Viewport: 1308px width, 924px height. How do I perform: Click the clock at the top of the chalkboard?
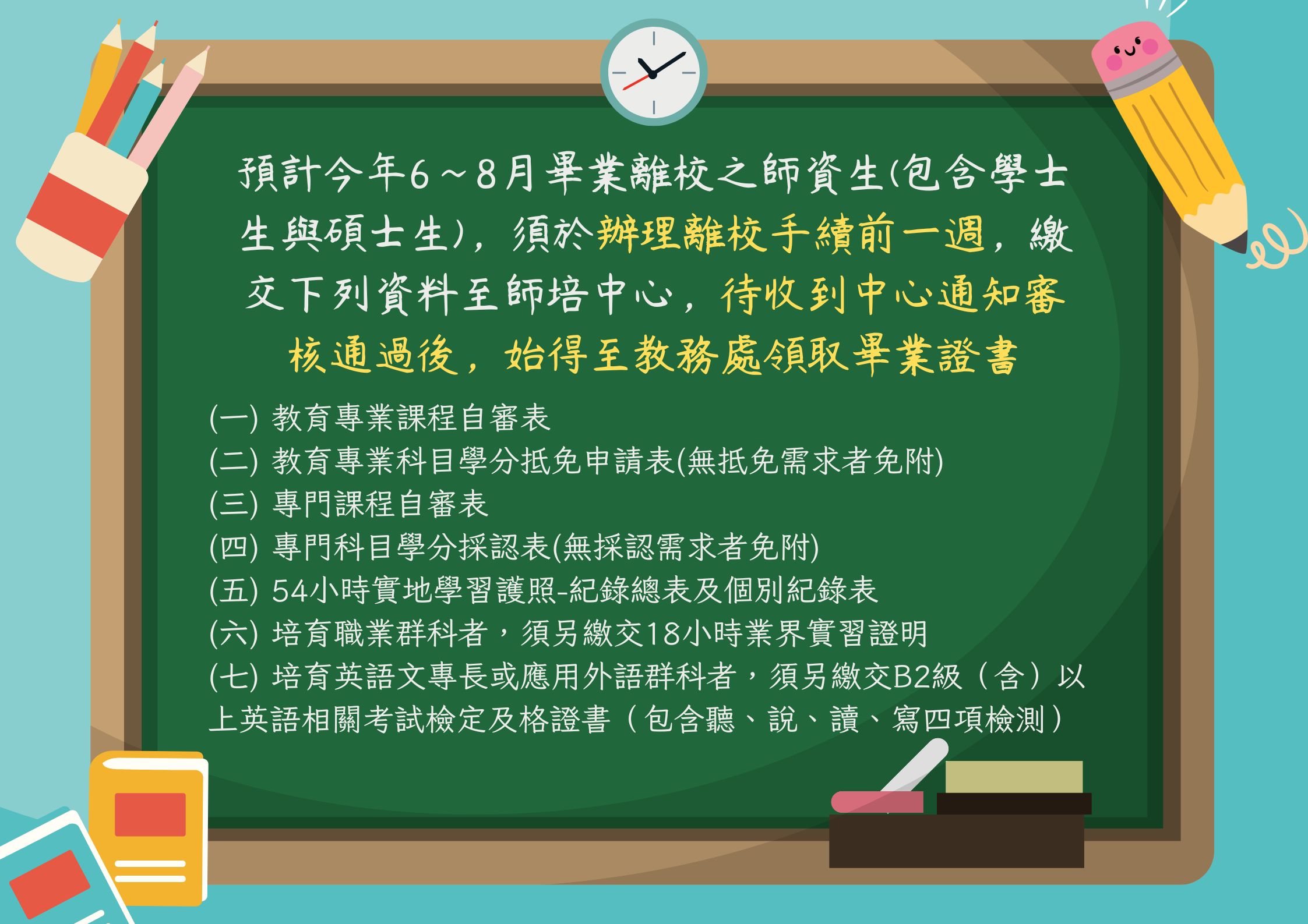[654, 72]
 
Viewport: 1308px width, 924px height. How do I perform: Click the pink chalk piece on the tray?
[877, 802]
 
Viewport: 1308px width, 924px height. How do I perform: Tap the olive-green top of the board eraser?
[1014, 777]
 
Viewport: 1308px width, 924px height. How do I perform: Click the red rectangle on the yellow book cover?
[150, 814]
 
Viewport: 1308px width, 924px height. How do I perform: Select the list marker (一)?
[233, 418]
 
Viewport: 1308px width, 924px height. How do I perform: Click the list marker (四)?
[233, 547]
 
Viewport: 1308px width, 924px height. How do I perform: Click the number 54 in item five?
[290, 591]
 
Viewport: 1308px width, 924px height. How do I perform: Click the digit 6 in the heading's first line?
[419, 175]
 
